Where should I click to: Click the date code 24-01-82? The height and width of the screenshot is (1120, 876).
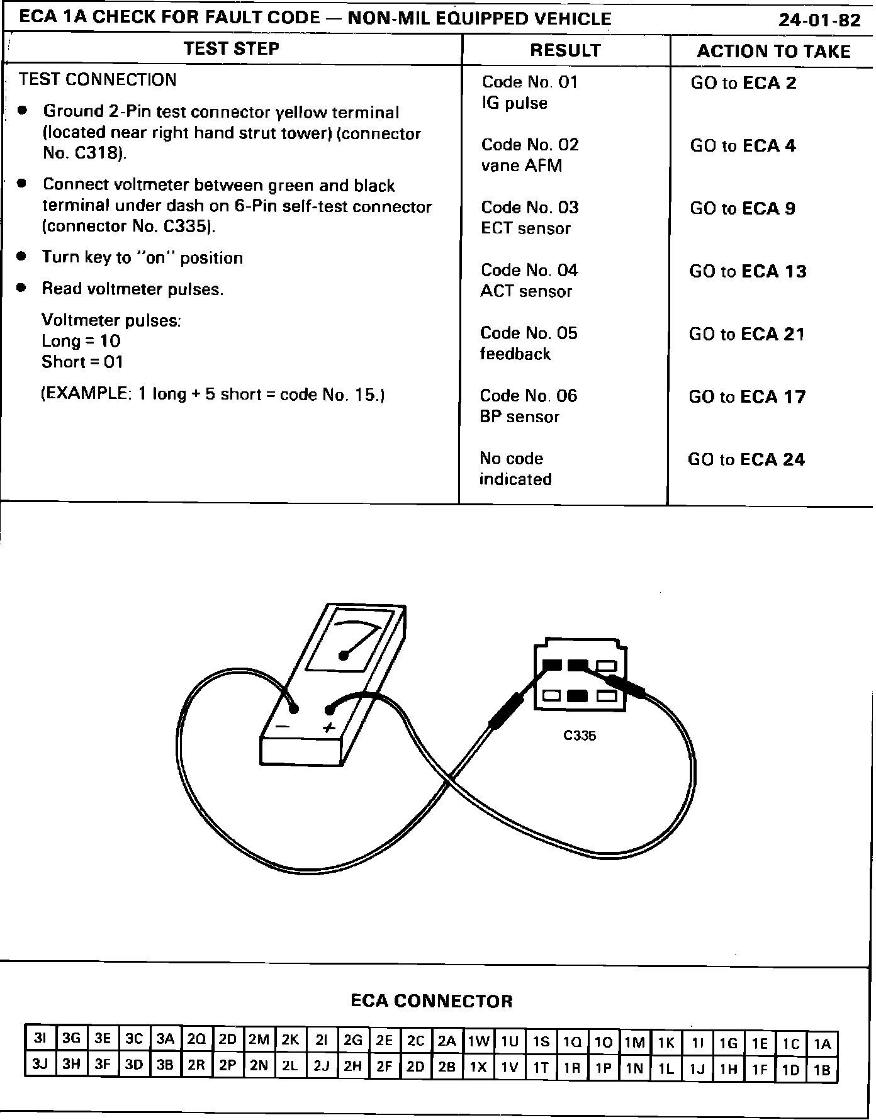(x=819, y=20)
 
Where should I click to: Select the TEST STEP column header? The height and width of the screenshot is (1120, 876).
(x=231, y=48)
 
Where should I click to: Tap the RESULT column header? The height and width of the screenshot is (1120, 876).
(x=565, y=50)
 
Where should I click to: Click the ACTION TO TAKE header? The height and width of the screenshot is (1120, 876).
(x=773, y=51)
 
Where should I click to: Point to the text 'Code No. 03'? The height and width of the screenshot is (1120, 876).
(x=530, y=208)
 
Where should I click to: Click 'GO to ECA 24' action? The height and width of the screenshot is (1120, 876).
(x=746, y=459)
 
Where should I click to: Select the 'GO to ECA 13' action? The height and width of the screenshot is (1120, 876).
(x=748, y=271)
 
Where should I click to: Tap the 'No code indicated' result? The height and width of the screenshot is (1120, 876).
(x=515, y=469)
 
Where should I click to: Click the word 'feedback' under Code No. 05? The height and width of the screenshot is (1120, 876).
(x=515, y=354)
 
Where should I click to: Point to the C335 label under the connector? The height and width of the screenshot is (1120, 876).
(x=580, y=735)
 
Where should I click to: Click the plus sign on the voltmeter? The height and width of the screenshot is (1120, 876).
(x=328, y=728)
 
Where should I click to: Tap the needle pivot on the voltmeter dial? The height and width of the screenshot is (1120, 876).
(x=344, y=656)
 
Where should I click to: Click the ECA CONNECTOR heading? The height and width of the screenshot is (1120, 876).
(x=432, y=1001)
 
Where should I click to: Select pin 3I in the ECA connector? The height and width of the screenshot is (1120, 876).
(x=40, y=1039)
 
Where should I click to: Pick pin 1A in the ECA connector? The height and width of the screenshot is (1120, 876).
(x=822, y=1044)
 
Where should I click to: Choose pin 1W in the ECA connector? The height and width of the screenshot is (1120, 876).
(x=478, y=1041)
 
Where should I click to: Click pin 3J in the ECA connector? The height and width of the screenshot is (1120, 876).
(x=40, y=1065)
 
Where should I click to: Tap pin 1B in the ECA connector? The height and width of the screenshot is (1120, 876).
(x=822, y=1069)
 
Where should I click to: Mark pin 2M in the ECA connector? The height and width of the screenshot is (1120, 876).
(x=259, y=1040)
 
